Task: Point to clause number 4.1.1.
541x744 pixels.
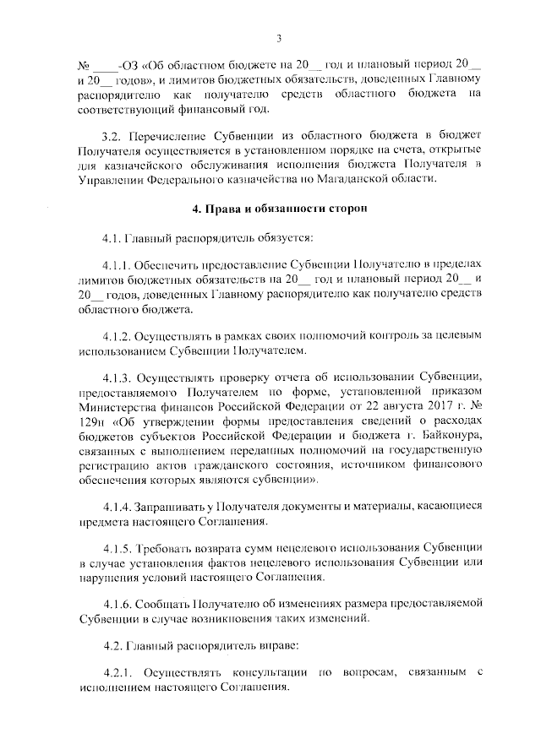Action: coord(115,264)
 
